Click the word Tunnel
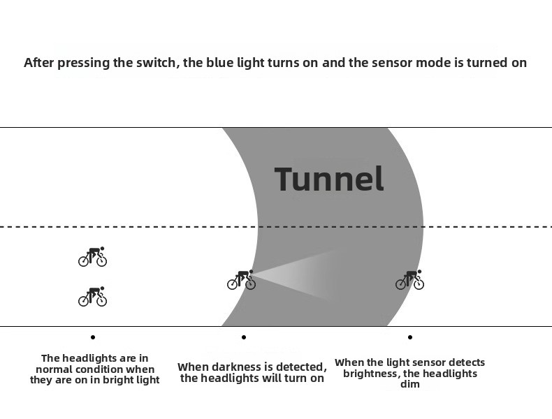pos(329,179)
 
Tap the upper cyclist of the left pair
pos(93,256)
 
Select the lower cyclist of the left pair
pos(93,296)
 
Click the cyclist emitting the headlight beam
pos(242,280)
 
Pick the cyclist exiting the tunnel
pos(409,280)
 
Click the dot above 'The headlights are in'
pos(93,337)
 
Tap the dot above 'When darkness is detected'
pos(244,337)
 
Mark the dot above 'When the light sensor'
pos(410,337)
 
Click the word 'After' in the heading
pos(39,63)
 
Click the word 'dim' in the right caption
pos(410,384)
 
